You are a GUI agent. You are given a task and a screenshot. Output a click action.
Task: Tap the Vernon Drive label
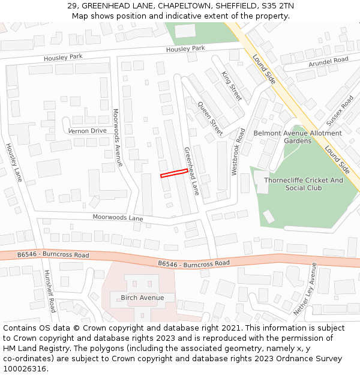87,131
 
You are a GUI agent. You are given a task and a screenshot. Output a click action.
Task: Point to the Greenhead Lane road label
191,171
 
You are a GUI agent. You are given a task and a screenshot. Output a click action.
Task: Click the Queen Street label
211,119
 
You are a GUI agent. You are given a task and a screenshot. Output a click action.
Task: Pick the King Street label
231,85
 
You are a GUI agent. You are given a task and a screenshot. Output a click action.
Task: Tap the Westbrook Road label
238,151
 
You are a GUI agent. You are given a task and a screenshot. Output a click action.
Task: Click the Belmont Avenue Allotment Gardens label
298,137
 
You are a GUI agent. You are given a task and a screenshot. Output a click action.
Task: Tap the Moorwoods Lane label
118,217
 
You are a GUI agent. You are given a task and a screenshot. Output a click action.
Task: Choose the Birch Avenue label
142,298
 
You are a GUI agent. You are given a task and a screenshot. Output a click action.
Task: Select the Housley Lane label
14,162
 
